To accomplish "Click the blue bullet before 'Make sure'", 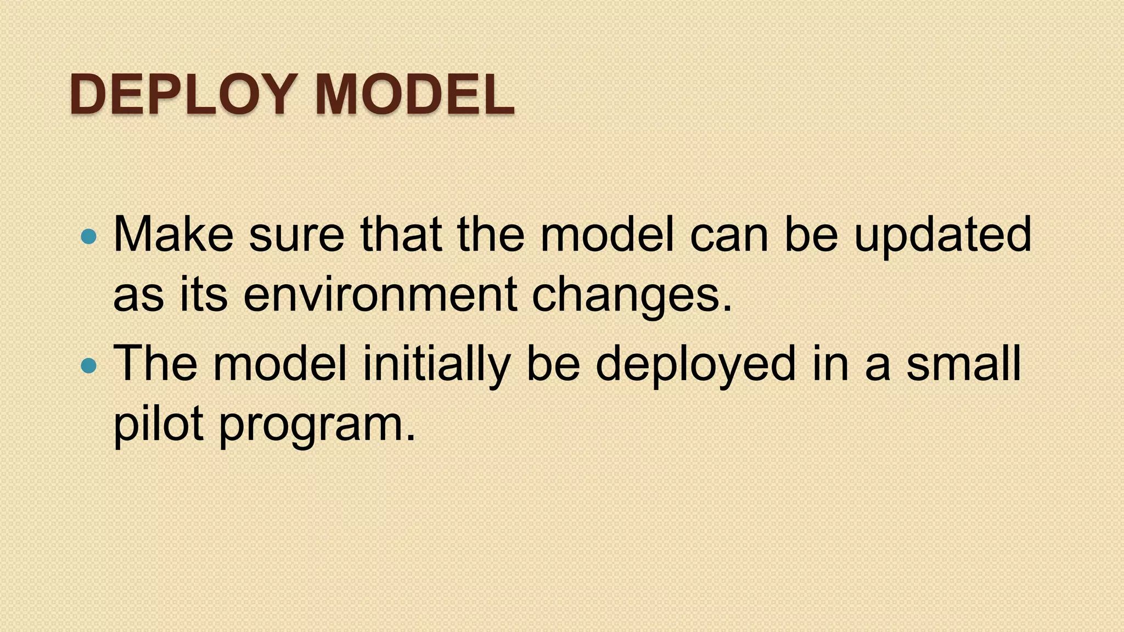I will click(88, 236).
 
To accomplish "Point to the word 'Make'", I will click(173, 235).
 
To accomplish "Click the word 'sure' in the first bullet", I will click(296, 235).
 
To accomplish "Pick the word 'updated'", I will click(942, 235).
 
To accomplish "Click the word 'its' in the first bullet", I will click(203, 295).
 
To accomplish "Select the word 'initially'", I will click(437, 364).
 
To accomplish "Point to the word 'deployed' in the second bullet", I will click(695, 364).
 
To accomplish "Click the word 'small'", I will click(963, 364).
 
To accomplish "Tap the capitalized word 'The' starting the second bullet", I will click(155, 364).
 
